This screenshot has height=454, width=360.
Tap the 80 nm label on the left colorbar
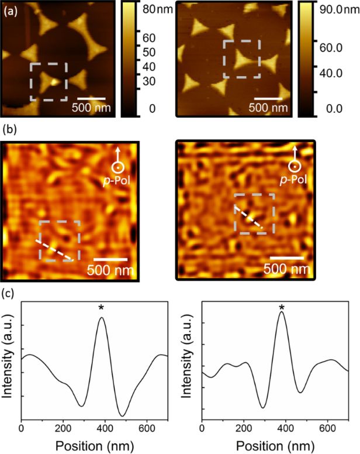click(154, 9)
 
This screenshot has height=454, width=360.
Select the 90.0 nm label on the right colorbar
click(333, 10)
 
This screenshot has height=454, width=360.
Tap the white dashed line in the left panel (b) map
click(56, 250)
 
